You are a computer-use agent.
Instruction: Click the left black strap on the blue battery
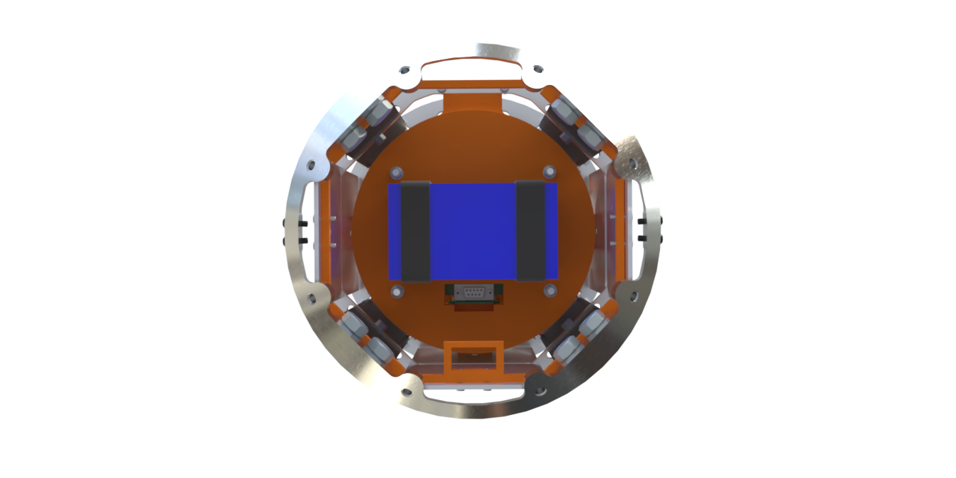coord(416,231)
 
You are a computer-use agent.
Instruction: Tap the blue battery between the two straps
coord(472,231)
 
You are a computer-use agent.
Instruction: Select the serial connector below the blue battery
coord(473,292)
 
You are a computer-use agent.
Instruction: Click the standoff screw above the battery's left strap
coord(396,172)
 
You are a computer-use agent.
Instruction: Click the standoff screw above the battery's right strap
coord(550,171)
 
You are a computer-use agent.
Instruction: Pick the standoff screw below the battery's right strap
coord(550,290)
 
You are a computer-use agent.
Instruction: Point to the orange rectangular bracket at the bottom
coord(474,358)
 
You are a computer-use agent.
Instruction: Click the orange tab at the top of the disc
coord(474,101)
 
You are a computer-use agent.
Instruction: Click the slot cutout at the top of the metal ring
coord(472,69)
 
